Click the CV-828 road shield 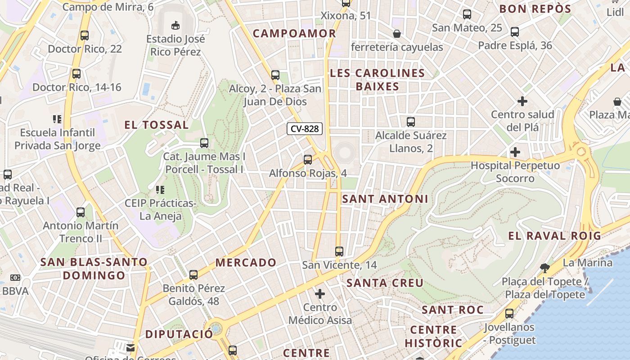[x=305, y=129]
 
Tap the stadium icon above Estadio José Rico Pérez [x=175, y=25]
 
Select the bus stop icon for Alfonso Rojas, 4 [x=308, y=159]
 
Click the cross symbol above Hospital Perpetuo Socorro [x=515, y=152]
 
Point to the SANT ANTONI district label [x=385, y=199]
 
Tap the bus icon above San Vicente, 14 [x=339, y=252]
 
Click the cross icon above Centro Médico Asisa [x=320, y=294]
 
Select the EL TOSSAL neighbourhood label [x=157, y=125]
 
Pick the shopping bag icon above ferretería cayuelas [x=397, y=34]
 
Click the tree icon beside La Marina [x=545, y=268]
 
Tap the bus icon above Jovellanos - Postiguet [x=509, y=314]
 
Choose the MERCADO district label [x=246, y=262]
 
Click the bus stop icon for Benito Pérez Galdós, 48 [x=193, y=274]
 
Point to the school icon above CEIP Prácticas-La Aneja [x=160, y=190]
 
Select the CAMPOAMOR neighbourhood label [x=294, y=33]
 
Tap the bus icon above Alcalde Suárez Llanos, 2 [x=411, y=121]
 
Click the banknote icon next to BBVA [x=15, y=278]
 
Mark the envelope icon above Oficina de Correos [x=130, y=347]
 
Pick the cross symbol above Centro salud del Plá [x=522, y=101]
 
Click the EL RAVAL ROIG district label [x=554, y=236]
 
